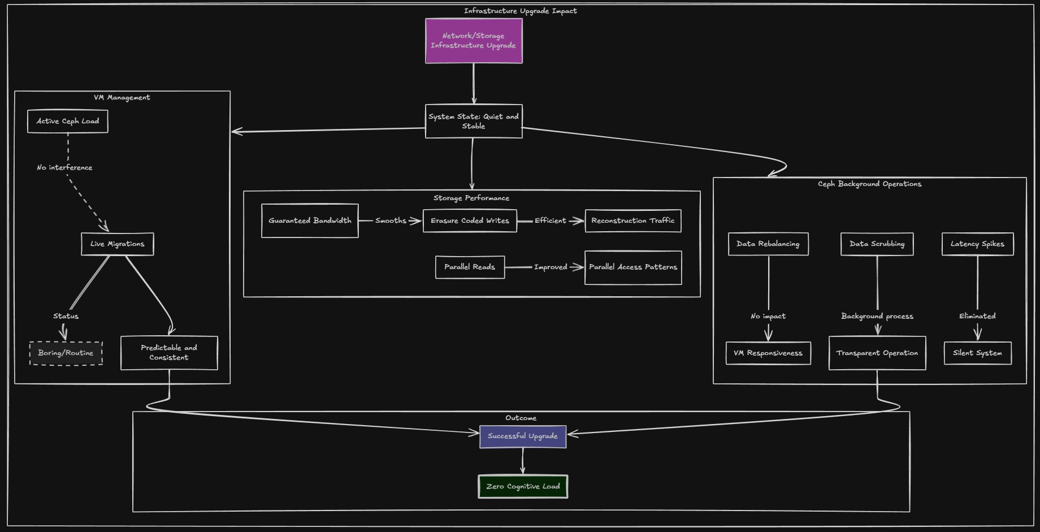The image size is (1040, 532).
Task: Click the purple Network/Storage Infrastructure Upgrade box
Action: coord(474,41)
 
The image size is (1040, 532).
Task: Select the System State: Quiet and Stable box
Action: coord(474,121)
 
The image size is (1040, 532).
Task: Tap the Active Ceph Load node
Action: coord(68,121)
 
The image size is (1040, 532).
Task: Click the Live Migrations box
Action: coord(118,244)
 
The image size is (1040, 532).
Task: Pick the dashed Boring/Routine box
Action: coord(66,353)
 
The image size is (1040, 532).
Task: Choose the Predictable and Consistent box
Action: coord(169,353)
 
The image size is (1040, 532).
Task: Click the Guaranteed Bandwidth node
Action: coord(310,220)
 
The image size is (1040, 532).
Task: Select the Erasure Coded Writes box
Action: coord(470,220)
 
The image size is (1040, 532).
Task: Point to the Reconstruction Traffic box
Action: coord(633,220)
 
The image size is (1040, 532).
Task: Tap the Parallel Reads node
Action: coord(470,267)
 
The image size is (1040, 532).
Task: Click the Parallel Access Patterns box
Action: coord(633,267)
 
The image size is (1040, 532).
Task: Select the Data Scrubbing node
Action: coord(877,244)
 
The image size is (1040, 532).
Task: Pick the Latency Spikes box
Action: coord(977,244)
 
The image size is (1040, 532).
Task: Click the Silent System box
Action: coord(977,353)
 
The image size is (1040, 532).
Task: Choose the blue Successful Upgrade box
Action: coord(523,436)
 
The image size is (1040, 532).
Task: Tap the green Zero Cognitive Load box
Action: coord(523,486)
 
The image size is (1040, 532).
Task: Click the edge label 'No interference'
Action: coord(64,167)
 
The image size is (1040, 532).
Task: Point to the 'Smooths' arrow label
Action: coord(391,220)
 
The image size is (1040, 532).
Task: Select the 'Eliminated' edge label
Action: coord(977,316)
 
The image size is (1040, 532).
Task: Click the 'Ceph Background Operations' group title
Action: coord(869,184)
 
